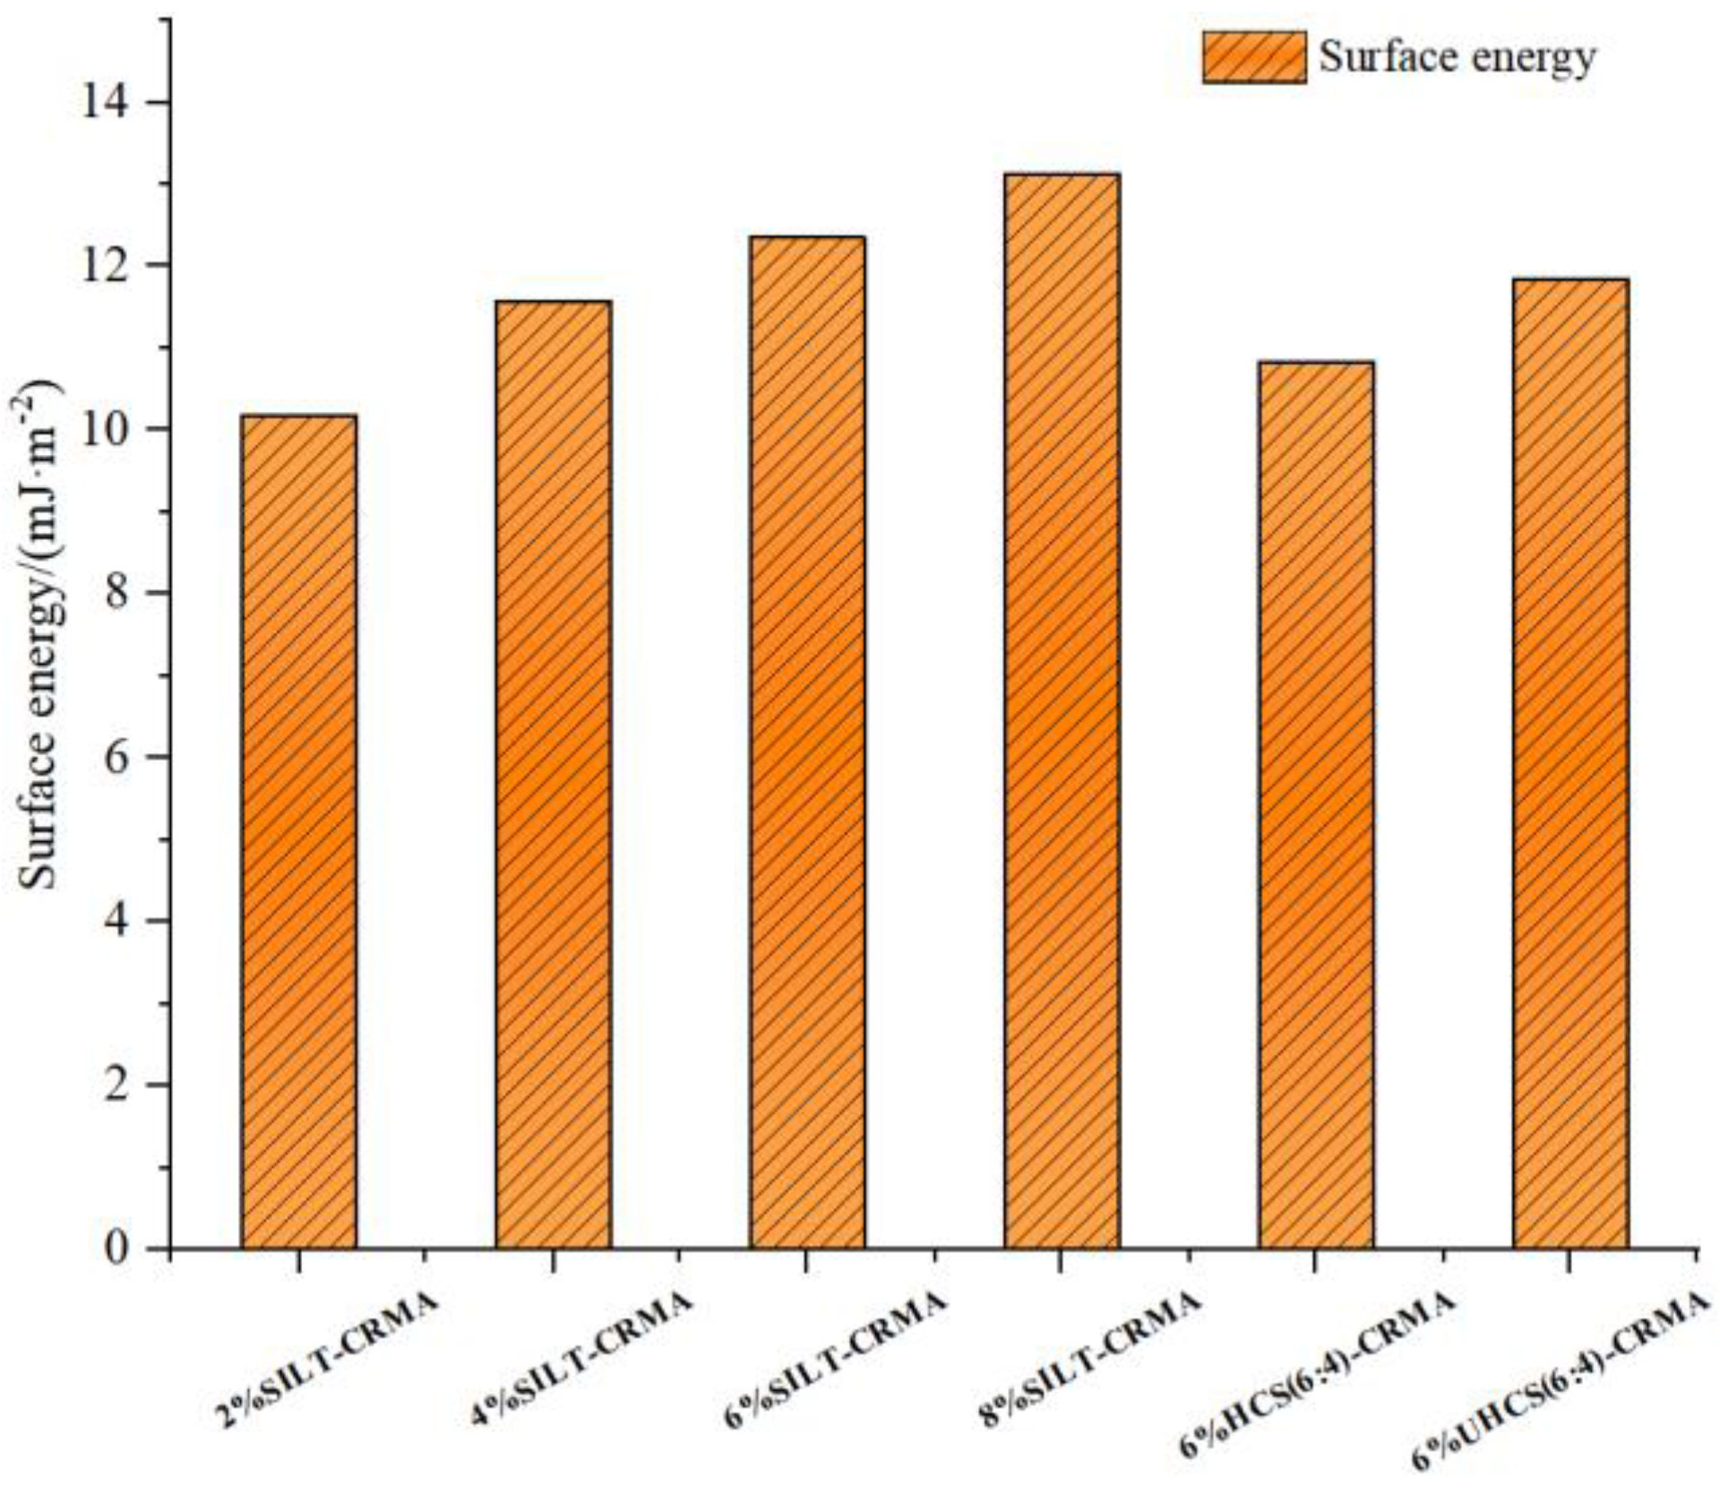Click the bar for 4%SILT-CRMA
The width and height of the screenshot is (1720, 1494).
tap(553, 775)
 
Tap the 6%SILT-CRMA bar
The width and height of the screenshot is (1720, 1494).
tap(807, 743)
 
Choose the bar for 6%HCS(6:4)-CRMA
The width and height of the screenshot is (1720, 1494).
tap(1315, 805)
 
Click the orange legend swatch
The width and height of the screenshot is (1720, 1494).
tap(1254, 57)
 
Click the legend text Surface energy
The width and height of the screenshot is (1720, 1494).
tap(1458, 57)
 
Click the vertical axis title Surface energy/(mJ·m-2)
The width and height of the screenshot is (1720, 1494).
tap(40, 636)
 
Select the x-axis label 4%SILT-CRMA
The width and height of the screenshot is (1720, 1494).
tap(582, 1361)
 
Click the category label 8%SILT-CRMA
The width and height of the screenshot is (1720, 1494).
tap(1089, 1361)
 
